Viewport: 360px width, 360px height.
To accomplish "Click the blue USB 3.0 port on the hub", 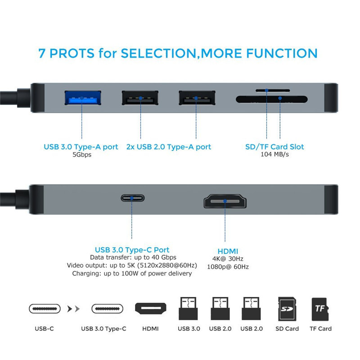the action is pyautogui.click(x=83, y=98).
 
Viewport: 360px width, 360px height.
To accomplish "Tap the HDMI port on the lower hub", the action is pyautogui.click(x=225, y=201).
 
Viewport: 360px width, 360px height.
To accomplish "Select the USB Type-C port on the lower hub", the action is pyautogui.click(x=133, y=198).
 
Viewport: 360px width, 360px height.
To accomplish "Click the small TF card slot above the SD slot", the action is pyautogui.click(x=273, y=90).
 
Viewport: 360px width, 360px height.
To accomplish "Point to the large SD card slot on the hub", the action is pyautogui.click(x=272, y=99).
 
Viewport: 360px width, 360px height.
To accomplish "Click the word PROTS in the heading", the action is pyautogui.click(x=72, y=54).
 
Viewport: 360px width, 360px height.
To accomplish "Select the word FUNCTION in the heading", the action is pyautogui.click(x=282, y=54).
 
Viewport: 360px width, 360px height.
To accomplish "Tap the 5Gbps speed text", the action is pyautogui.click(x=82, y=155).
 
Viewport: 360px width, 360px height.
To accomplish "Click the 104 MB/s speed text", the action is pyautogui.click(x=274, y=154).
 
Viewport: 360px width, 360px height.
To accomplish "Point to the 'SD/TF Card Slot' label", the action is pyautogui.click(x=274, y=147).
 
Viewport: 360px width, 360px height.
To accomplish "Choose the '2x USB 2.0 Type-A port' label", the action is pyautogui.click(x=168, y=147).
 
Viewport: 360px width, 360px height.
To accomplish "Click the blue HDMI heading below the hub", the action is pyautogui.click(x=228, y=251).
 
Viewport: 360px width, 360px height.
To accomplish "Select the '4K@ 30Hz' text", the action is pyautogui.click(x=228, y=259).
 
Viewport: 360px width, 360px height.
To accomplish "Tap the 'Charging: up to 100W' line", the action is pyautogui.click(x=132, y=274).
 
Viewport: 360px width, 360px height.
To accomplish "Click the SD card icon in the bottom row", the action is pyautogui.click(x=287, y=309).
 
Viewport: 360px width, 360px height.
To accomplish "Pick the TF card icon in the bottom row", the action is pyautogui.click(x=320, y=309).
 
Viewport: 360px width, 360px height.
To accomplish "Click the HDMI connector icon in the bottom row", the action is pyautogui.click(x=151, y=308).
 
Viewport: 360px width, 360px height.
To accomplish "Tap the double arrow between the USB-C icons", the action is pyautogui.click(x=73, y=309).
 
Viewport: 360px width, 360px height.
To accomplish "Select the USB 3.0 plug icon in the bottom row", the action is pyautogui.click(x=188, y=308).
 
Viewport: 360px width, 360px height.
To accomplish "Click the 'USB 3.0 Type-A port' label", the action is pyautogui.click(x=81, y=147).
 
